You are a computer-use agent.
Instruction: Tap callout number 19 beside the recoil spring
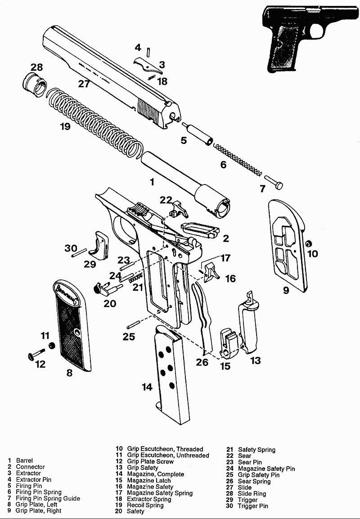point(65,127)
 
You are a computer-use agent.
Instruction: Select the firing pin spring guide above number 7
point(274,181)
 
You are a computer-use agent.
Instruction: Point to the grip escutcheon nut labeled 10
point(309,244)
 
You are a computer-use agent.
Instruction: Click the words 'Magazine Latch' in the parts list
point(149,480)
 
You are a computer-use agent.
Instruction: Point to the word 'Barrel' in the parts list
point(24,460)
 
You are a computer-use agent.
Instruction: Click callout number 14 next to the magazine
point(147,387)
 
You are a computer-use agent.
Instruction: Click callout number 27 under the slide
point(84,84)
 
